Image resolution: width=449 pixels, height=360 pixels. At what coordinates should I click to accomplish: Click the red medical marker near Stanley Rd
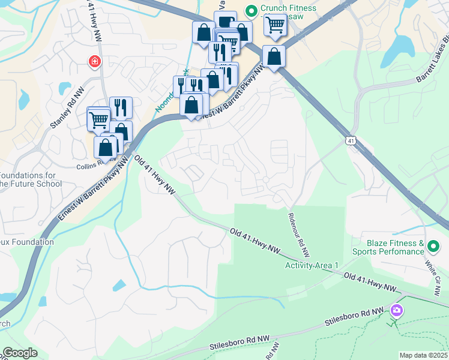coord(94,61)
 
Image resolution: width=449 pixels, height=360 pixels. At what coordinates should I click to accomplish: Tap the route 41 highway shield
coord(351,140)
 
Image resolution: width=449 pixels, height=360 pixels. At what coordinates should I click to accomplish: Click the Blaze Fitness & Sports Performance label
coord(396,247)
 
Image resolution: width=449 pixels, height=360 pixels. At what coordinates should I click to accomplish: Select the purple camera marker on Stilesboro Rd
coord(396,310)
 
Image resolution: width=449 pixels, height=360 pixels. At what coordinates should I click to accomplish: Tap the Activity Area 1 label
coord(312,265)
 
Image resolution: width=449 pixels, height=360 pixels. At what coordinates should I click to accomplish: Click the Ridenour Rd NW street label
coord(298,234)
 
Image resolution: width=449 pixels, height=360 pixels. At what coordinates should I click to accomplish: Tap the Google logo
coord(20,353)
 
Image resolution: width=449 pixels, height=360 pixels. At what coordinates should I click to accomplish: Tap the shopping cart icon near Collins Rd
coord(100,120)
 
